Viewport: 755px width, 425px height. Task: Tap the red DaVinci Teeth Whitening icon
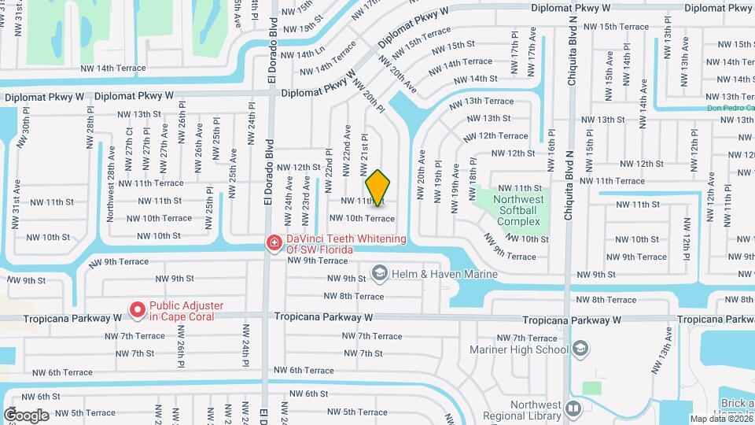pos(274,243)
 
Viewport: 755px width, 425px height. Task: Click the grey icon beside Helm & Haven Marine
pos(380,273)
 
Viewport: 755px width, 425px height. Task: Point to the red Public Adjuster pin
pos(138,311)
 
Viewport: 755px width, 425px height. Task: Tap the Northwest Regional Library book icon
pos(574,408)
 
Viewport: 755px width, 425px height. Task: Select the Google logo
pos(26,415)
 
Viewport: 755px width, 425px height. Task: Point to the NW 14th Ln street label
pos(302,54)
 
